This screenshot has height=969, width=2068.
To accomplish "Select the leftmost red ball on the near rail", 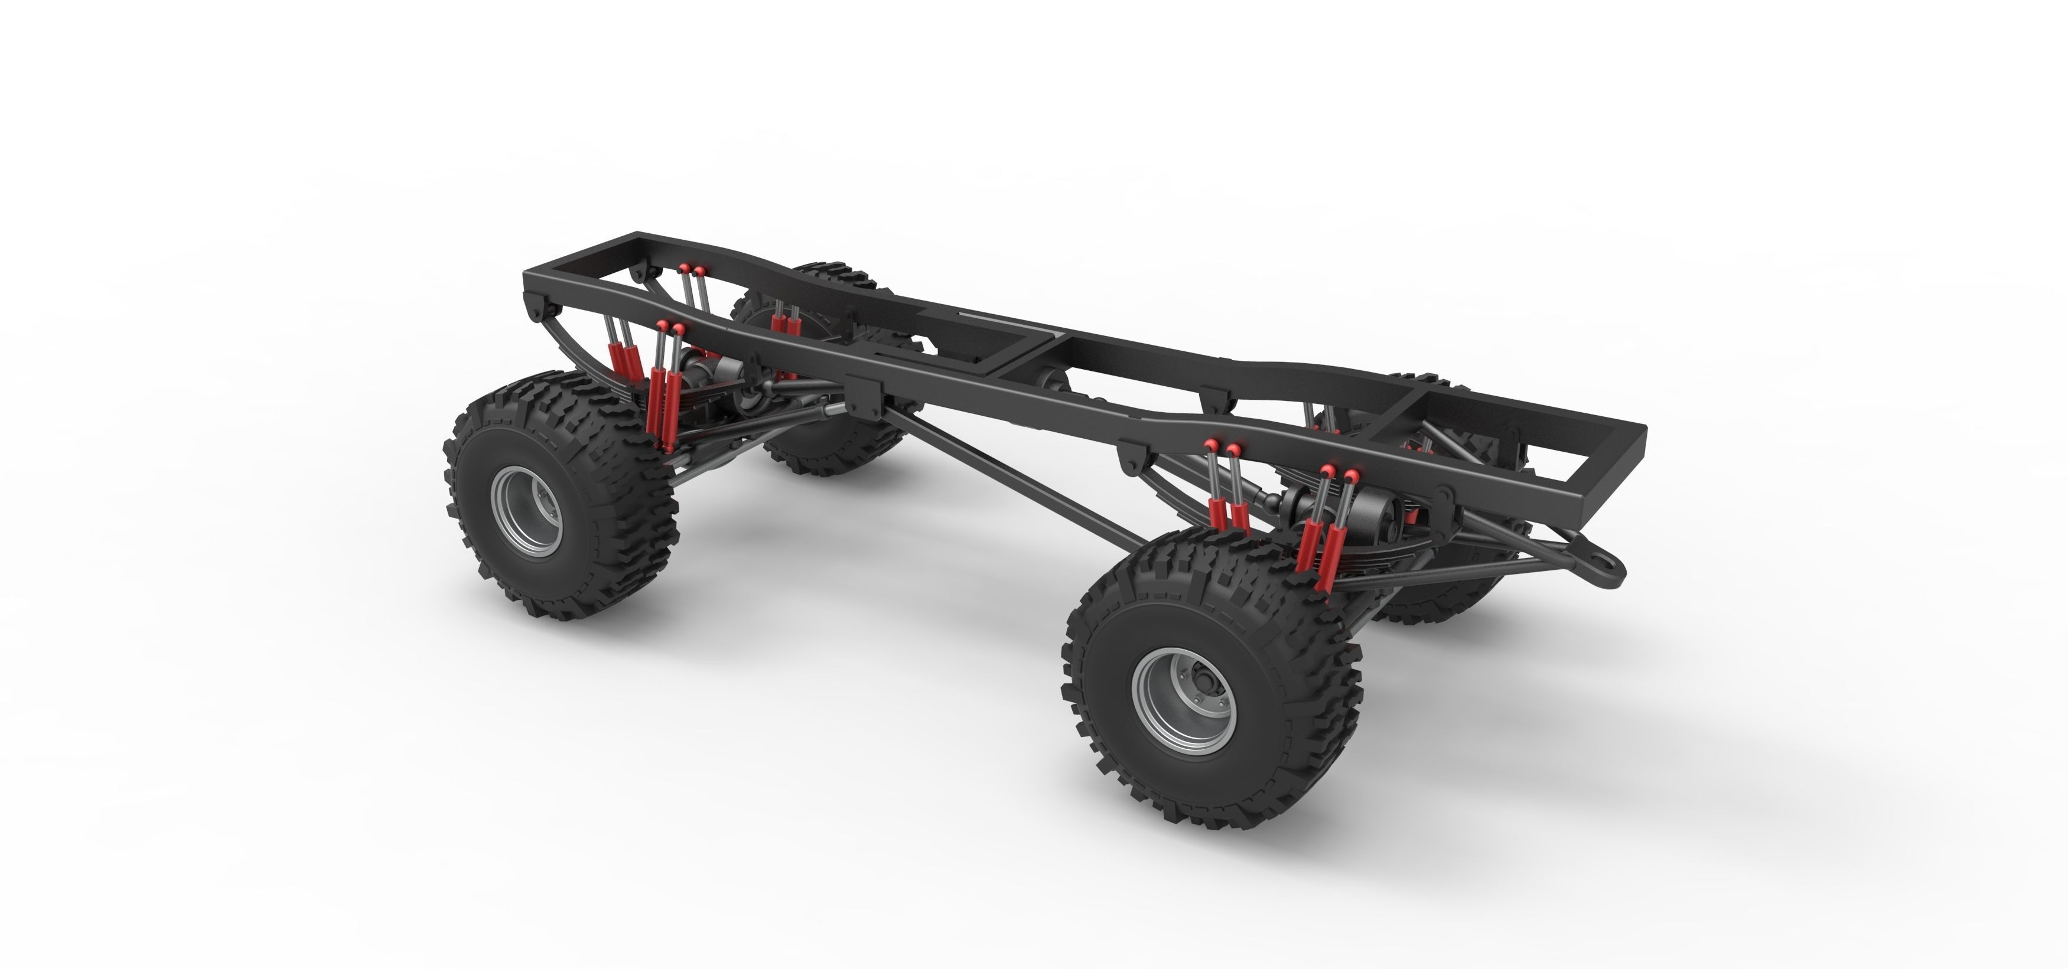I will pyautogui.click(x=662, y=325).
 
